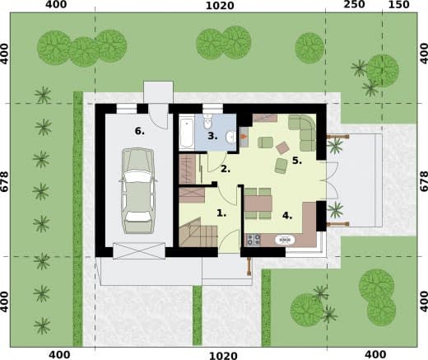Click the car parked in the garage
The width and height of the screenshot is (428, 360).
pos(138,191)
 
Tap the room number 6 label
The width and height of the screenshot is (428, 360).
pos(140,131)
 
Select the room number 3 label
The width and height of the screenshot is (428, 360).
pos(212,136)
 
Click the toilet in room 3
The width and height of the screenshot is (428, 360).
pos(208,121)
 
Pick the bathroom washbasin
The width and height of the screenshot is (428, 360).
pos(230,137)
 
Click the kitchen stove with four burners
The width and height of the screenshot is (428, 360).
pos(254,240)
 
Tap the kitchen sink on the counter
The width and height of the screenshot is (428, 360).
pos(285,240)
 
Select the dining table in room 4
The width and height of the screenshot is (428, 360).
pos(258,203)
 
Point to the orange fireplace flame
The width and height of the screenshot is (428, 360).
pos(243,136)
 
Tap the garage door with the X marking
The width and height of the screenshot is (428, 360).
pos(139,250)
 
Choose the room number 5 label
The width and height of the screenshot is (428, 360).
pos(297,161)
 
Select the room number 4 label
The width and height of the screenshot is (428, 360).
pos(287,216)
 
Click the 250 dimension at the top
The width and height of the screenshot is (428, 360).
pos(354,4)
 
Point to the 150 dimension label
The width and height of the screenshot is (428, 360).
pos(399,4)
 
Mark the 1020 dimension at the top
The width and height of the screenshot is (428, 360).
pos(220,6)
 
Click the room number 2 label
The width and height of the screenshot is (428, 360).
pos(226,169)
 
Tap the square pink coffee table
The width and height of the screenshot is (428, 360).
pos(282,147)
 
